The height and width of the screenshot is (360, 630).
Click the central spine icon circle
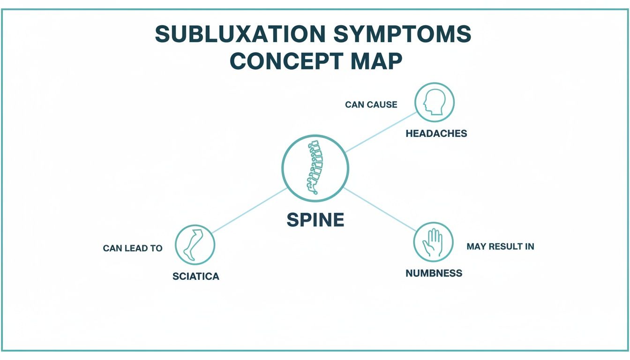click(x=315, y=167)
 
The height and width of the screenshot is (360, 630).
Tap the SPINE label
click(x=315, y=220)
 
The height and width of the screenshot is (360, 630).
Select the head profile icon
click(x=435, y=102)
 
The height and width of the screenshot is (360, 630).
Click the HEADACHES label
click(x=436, y=134)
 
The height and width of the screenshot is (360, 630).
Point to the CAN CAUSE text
click(x=371, y=105)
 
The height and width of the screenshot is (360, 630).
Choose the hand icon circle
click(x=433, y=242)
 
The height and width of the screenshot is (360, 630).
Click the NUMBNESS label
click(x=434, y=273)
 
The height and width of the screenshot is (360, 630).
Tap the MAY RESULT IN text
click(x=500, y=247)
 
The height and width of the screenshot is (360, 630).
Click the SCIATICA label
click(x=195, y=276)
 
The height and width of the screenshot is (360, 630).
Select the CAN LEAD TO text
click(x=133, y=248)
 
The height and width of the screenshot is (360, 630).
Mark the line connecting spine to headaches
click(x=381, y=132)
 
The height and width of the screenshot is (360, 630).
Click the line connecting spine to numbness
click(x=380, y=210)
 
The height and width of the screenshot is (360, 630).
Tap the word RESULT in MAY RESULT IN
click(x=505, y=247)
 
